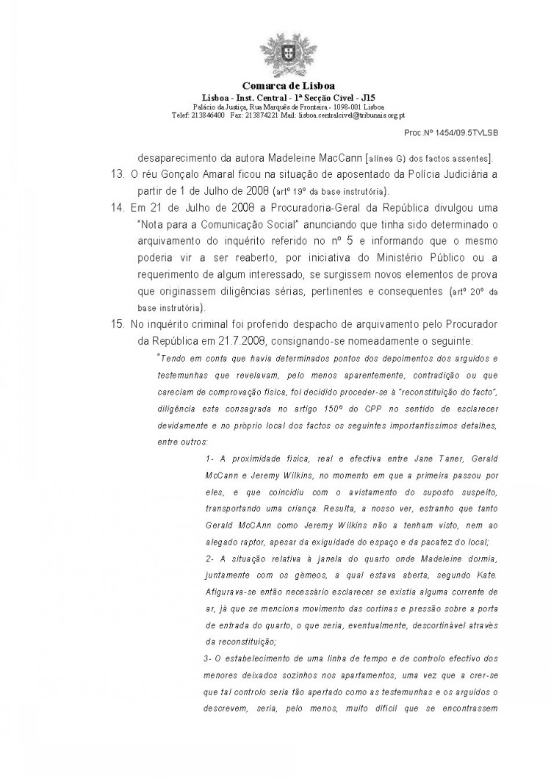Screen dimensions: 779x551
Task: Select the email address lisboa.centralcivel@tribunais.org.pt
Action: tap(348, 115)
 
